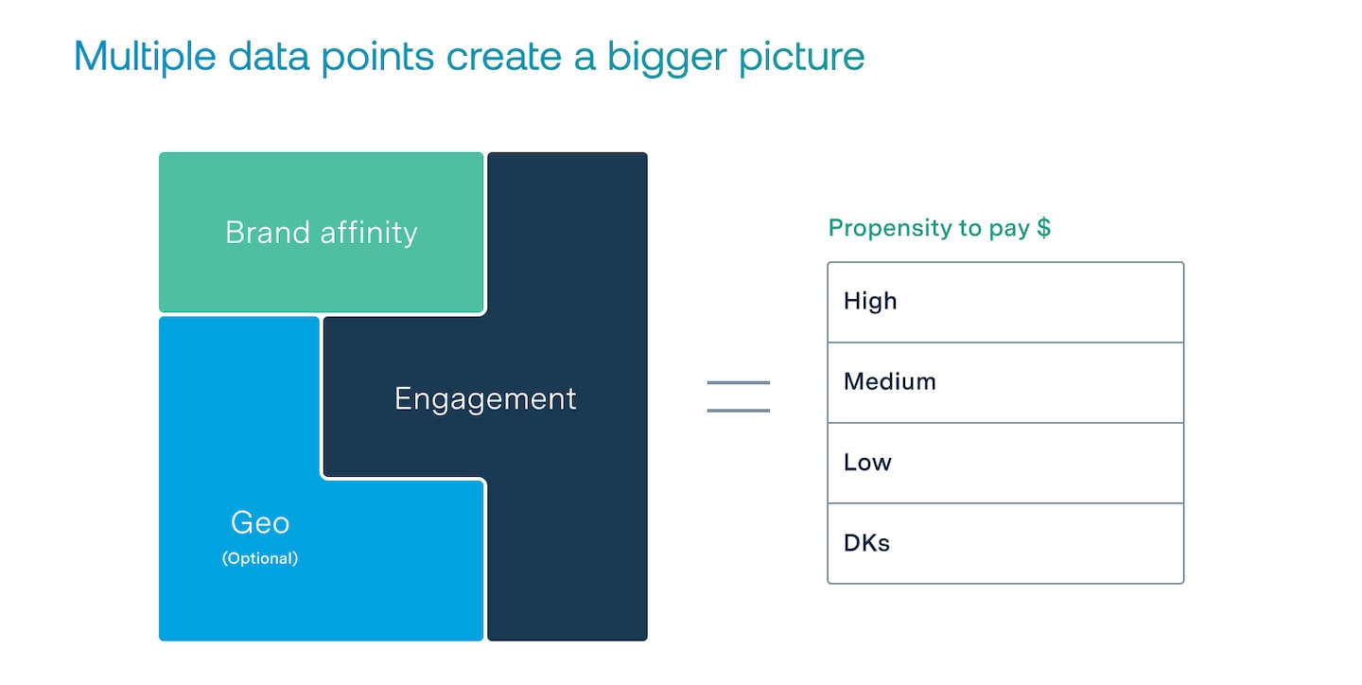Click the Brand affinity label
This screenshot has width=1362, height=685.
(321, 233)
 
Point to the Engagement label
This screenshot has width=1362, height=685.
(485, 398)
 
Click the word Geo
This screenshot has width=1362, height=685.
(260, 522)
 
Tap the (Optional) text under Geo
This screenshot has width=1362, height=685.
(260, 558)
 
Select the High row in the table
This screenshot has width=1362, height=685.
(1004, 302)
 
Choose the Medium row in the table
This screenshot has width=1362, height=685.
(1004, 382)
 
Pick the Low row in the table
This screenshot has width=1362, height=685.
(1004, 463)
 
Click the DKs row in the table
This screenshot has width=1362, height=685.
(1004, 543)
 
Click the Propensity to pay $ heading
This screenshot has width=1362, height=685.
(939, 228)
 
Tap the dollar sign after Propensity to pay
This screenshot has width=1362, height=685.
(1043, 228)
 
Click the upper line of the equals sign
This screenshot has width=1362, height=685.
(739, 382)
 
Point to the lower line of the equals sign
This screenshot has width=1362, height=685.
(739, 410)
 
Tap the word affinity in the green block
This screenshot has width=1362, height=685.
(369, 233)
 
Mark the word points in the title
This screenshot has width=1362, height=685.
(378, 57)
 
